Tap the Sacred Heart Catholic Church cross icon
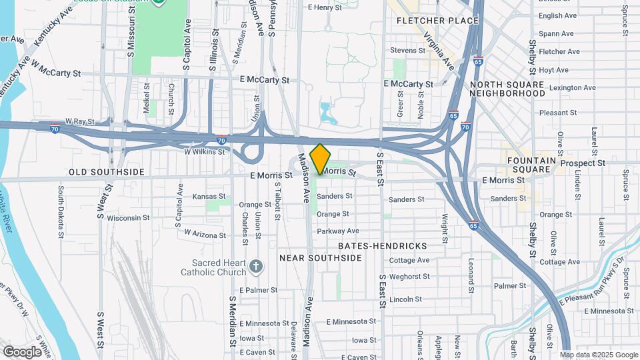tap(255, 267)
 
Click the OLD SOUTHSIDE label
tap(106, 172)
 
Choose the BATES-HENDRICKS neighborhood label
tap(382, 246)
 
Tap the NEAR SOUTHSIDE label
tap(320, 258)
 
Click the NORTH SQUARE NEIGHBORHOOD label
tap(507, 89)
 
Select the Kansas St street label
tap(209, 197)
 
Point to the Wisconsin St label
tap(128, 218)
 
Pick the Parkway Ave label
tap(338, 231)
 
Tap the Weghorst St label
tap(406, 276)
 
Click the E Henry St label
tap(325, 8)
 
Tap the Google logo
tap(22, 351)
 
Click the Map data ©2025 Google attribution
tap(599, 355)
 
